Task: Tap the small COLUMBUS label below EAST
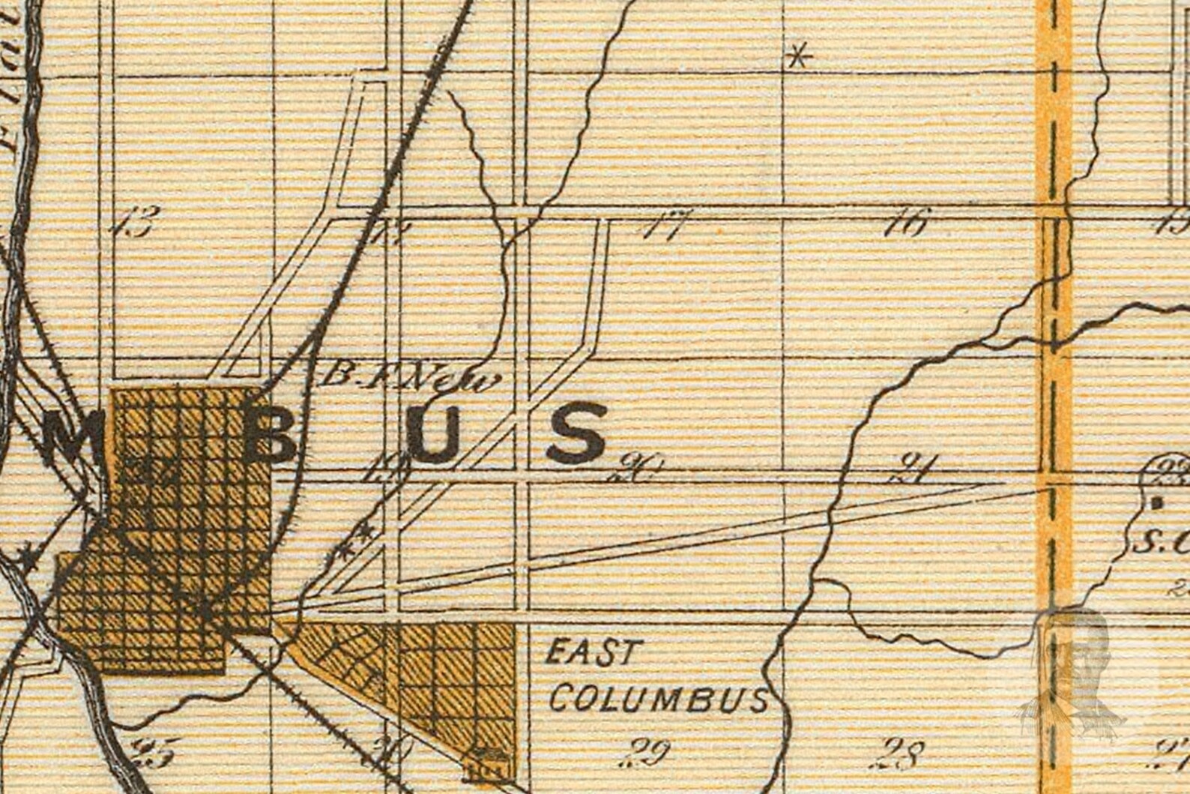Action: (659, 699)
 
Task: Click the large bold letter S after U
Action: (576, 434)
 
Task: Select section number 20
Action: (637, 470)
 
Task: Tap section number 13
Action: (137, 223)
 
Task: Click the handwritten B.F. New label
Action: (408, 379)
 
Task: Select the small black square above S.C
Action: (1158, 503)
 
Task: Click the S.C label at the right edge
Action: (1160, 541)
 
